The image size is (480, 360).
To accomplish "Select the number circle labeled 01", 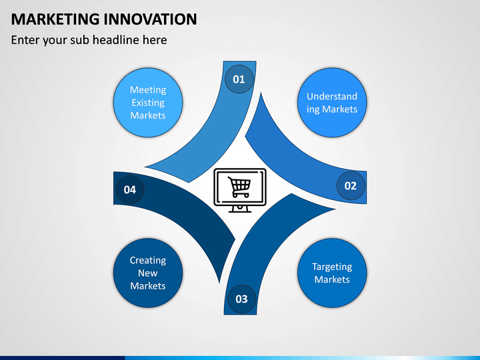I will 239,79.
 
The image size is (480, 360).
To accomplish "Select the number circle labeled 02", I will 351,186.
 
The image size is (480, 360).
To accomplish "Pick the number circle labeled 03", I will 241,299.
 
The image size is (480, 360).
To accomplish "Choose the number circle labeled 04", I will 129,190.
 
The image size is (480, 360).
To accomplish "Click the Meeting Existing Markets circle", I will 148,103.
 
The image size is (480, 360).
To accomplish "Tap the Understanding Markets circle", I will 332,103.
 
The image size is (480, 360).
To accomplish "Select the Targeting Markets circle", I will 332,273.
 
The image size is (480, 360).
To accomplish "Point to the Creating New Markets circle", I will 148,273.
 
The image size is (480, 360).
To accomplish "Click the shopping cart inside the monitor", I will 239,186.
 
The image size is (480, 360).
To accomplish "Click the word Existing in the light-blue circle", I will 148,103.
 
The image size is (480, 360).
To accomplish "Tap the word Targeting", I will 332,267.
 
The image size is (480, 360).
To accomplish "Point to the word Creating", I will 148,261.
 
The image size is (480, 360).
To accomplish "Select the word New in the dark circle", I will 148,273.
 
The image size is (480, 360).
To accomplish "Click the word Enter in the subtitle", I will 27,40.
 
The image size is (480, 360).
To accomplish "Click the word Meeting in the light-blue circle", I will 148,90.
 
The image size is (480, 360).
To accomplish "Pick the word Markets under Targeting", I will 332,279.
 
